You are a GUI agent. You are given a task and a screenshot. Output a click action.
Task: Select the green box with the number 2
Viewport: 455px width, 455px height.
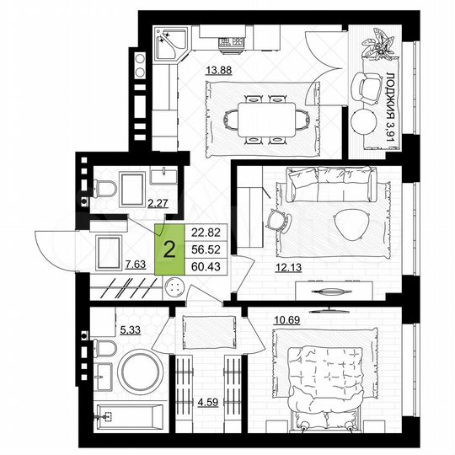[169, 249]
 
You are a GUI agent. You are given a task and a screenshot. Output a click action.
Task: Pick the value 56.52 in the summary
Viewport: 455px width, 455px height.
[207, 250]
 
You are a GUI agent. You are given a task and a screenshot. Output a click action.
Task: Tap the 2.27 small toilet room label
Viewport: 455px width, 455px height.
[157, 202]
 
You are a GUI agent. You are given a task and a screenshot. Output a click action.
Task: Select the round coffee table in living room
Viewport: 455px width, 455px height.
[351, 223]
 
